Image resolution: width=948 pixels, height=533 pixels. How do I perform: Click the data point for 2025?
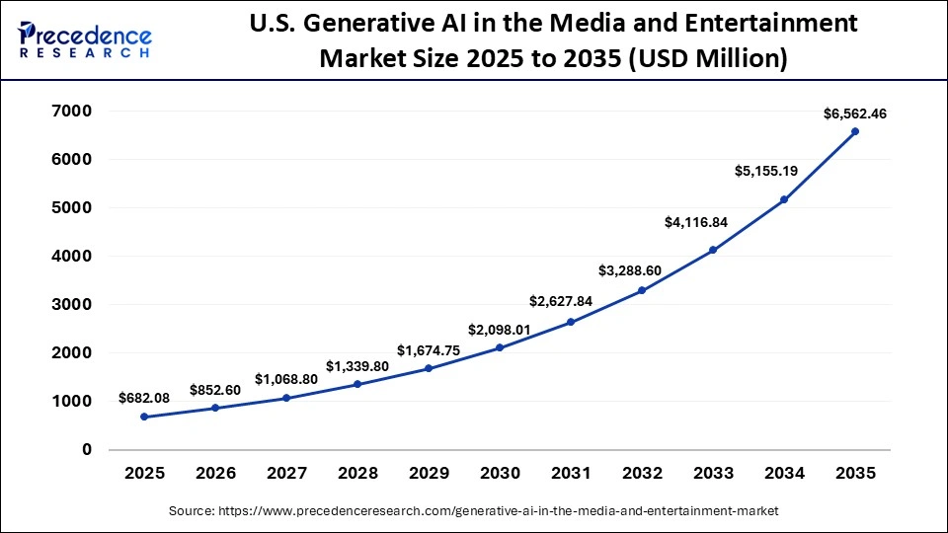coord(144,417)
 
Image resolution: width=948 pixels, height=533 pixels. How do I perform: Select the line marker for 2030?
coord(500,347)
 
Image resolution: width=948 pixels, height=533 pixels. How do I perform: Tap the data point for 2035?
coord(855,131)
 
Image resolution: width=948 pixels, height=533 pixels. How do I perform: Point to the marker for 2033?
coord(713,250)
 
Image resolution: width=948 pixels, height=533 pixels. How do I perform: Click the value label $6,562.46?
coord(855,114)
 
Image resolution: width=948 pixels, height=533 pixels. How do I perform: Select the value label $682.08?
coord(145,398)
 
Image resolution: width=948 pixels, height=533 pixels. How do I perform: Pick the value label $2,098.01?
coord(500,329)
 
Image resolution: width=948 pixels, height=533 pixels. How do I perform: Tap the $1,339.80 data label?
coord(357,366)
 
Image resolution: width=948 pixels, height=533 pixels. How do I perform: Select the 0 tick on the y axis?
coord(86,449)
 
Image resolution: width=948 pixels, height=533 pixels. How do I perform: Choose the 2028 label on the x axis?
coord(357,474)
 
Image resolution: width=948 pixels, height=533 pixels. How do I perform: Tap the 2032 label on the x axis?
coord(642,474)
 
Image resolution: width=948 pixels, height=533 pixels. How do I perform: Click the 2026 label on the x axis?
coord(215,474)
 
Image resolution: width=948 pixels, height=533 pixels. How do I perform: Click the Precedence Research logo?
coord(85,40)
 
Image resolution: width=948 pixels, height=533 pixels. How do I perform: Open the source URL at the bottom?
coord(474,510)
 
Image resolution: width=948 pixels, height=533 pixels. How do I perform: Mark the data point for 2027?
coord(286,398)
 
